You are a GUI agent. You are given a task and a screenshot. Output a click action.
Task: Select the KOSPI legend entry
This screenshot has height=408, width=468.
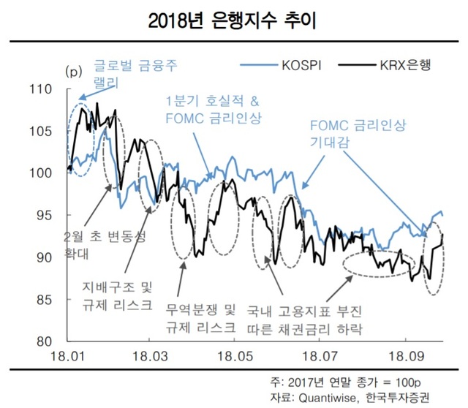pyautogui.click(x=298, y=66)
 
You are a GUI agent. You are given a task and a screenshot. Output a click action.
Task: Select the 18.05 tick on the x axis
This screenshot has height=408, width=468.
pyautogui.click(x=233, y=357)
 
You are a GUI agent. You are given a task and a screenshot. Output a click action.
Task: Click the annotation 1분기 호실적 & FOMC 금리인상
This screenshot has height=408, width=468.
pyautogui.click(x=213, y=109)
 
